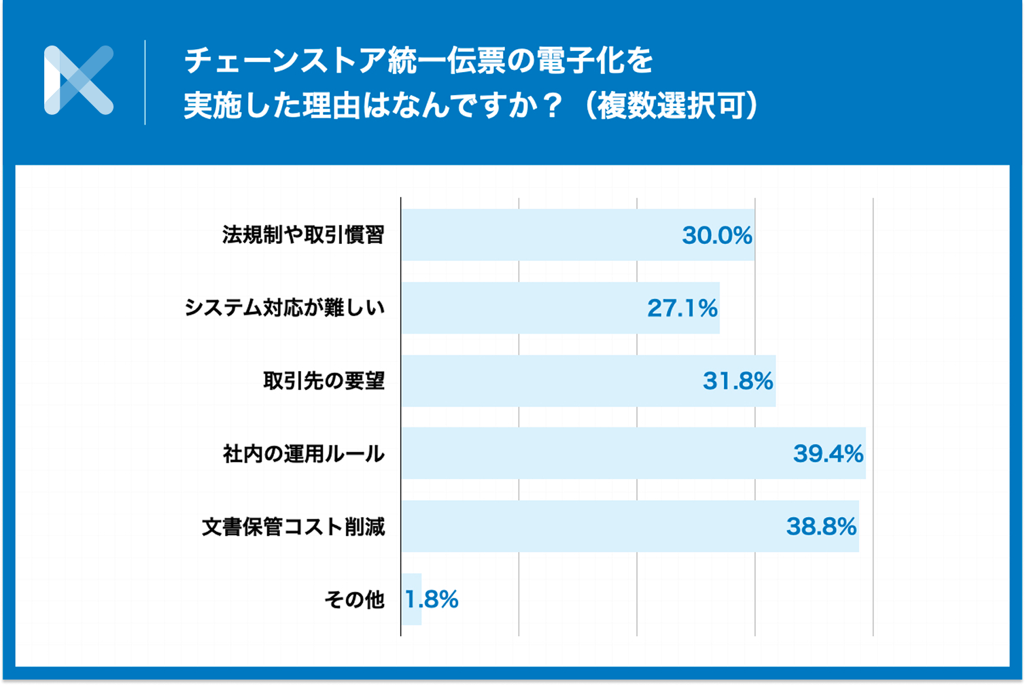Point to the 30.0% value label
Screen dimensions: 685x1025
point(716,235)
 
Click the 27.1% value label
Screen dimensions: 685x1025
point(682,308)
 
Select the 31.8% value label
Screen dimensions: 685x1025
point(737,381)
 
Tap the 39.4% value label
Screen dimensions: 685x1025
point(828,453)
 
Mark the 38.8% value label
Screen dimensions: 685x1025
point(821,527)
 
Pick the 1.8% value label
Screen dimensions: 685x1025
point(432,599)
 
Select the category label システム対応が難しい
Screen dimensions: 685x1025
point(285,308)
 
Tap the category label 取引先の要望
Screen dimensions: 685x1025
point(324,381)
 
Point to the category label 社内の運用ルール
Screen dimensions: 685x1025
point(303,453)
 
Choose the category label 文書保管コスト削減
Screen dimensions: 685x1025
point(294,527)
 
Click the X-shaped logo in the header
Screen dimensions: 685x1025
point(78,80)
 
